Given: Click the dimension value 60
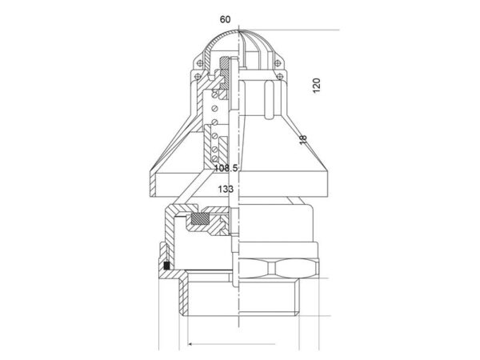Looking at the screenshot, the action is pos(225,19).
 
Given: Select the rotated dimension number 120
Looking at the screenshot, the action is pos(316,86).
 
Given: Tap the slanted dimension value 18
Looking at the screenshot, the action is pos(302,139).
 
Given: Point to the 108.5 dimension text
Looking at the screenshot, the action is pos(226,168).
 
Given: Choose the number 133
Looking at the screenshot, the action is pos(226,189).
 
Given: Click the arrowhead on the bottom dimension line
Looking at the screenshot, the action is pos(190,344).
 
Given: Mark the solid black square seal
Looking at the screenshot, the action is pos(167,266).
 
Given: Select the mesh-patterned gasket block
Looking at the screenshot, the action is pos(199,218).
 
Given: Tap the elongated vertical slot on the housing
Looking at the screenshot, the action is pos(269,99).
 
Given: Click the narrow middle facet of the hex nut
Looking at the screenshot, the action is pos(271,268).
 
